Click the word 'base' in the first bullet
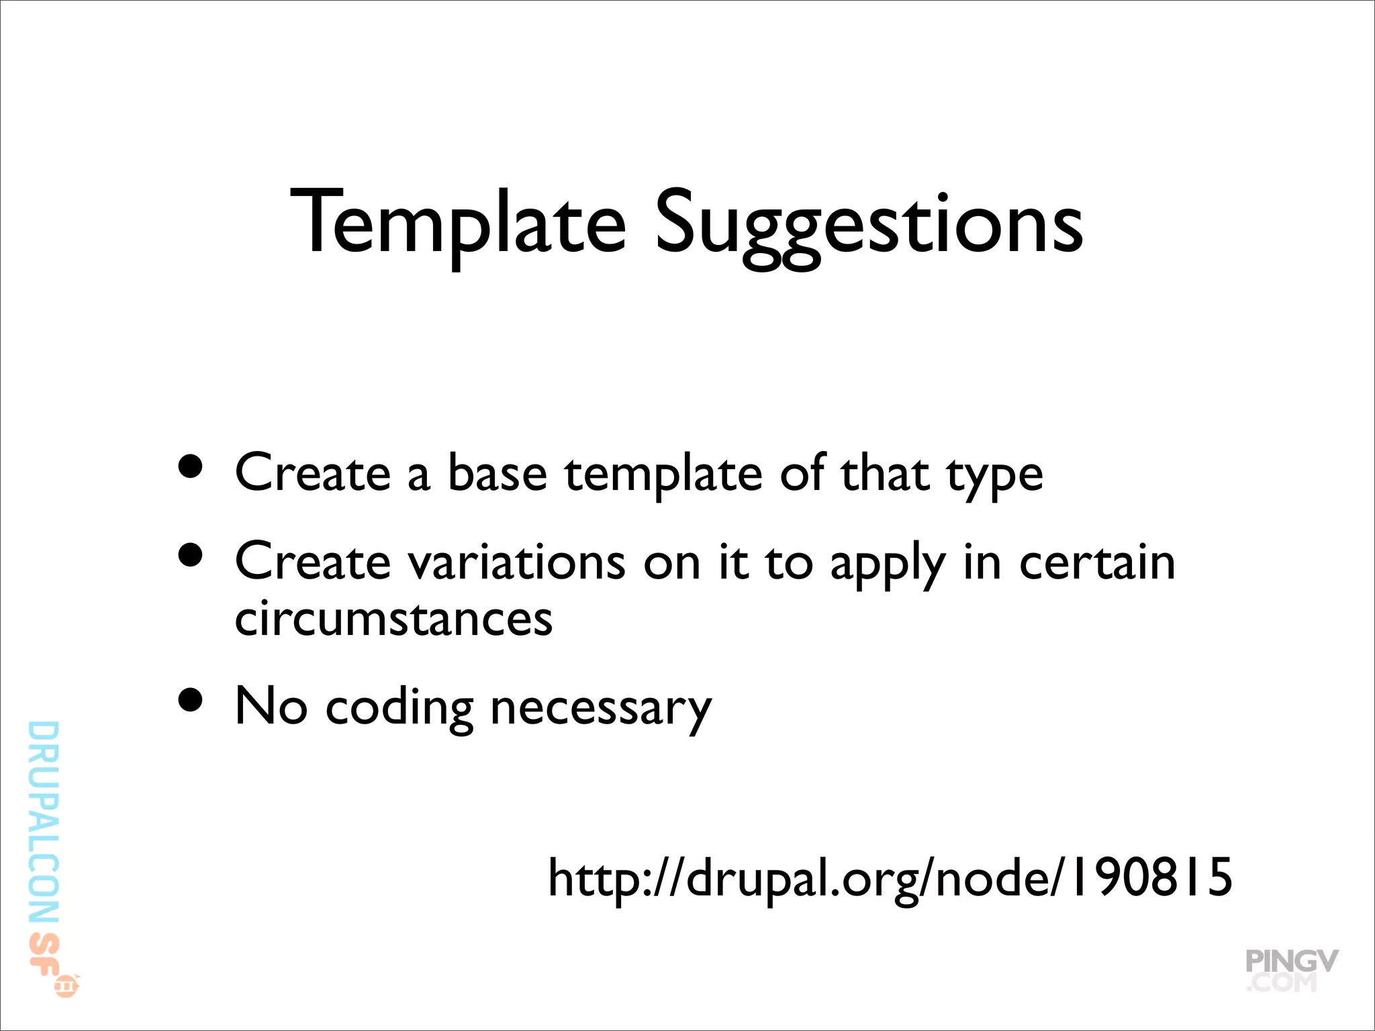[497, 474]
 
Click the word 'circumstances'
[393, 619]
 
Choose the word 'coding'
[399, 709]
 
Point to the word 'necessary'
[601, 710]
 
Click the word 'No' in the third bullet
[271, 706]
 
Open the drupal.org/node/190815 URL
[890, 878]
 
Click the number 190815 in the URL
[1151, 877]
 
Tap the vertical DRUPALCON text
[44, 822]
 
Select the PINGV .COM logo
[1290, 970]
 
